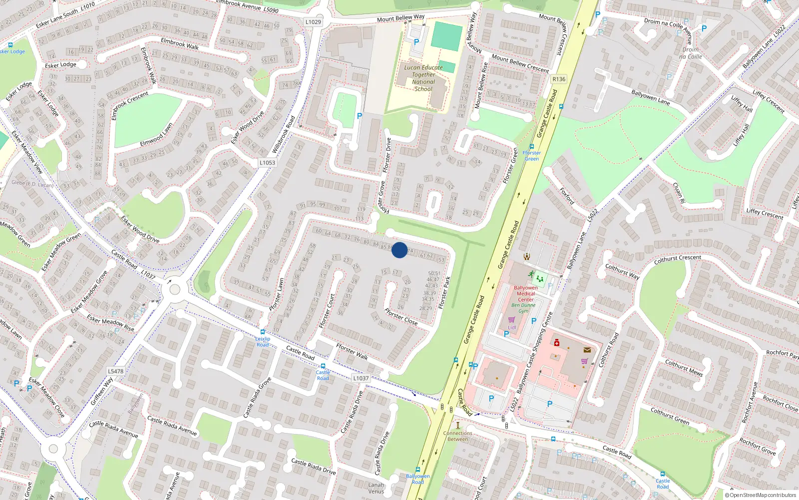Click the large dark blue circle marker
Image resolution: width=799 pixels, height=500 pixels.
pyautogui.click(x=399, y=250)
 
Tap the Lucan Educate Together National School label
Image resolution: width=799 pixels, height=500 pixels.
pyautogui.click(x=423, y=78)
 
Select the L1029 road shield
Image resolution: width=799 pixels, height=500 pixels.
pyautogui.click(x=313, y=22)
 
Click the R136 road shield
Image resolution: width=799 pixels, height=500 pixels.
pyautogui.click(x=559, y=79)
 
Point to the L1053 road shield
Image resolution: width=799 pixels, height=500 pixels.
pyautogui.click(x=267, y=162)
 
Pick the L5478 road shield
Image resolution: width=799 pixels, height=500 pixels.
pyautogui.click(x=115, y=371)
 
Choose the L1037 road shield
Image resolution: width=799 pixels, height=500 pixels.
pyautogui.click(x=361, y=378)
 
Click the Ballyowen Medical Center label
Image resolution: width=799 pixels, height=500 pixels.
pyautogui.click(x=526, y=293)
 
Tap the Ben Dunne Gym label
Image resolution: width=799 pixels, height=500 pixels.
pyautogui.click(x=523, y=308)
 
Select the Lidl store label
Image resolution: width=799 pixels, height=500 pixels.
pyautogui.click(x=512, y=327)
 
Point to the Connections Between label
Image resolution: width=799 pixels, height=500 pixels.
pyautogui.click(x=457, y=436)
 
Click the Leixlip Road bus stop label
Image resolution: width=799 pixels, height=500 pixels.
pyautogui.click(x=263, y=341)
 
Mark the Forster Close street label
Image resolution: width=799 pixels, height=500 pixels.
pyautogui.click(x=401, y=316)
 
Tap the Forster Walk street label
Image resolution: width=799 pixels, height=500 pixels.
pyautogui.click(x=352, y=351)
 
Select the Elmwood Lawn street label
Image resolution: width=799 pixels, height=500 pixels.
pyautogui.click(x=156, y=135)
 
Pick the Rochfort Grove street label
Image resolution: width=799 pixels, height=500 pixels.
pyautogui.click(x=758, y=446)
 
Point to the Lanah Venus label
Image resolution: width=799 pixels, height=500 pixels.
pyautogui.click(x=376, y=488)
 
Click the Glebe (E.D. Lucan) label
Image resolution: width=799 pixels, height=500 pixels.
pyautogui.click(x=32, y=183)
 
